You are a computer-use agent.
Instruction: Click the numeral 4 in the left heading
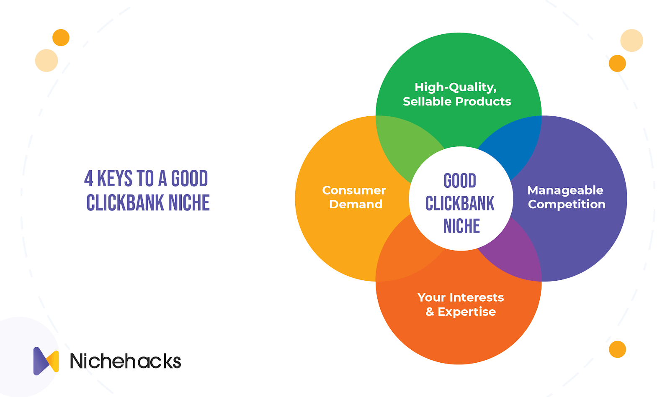[89, 178]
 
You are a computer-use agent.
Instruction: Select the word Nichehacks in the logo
[125, 361]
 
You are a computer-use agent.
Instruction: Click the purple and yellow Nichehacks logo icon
[46, 361]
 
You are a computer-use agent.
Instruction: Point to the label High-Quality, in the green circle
[456, 87]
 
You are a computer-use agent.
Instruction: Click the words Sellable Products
[457, 101]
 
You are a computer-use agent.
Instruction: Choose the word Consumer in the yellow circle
[354, 190]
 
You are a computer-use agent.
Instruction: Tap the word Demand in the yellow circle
[356, 204]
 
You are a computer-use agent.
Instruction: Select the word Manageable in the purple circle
[565, 191]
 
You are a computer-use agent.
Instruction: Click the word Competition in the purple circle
[567, 205]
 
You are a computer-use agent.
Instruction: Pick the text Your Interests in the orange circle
[461, 297]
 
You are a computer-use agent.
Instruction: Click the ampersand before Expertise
[430, 312]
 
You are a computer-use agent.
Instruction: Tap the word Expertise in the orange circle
[466, 312]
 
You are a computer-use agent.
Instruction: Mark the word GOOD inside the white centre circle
[460, 181]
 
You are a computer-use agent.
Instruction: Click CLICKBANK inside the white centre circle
[460, 203]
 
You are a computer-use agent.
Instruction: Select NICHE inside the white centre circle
[461, 226]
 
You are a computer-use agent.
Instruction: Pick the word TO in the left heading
[145, 178]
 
